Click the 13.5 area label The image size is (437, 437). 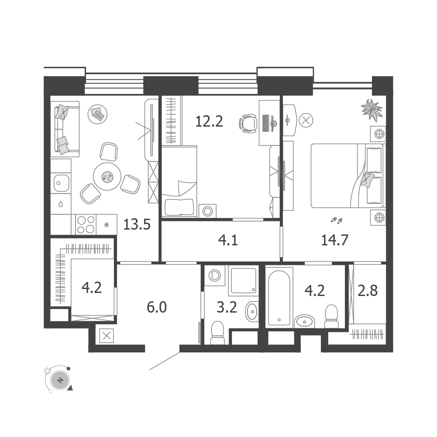pos(137,224)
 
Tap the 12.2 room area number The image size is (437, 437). pos(209,121)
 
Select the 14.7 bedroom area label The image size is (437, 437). pos(335,240)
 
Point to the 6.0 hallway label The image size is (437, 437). pos(157,307)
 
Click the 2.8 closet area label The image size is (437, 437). pos(368,291)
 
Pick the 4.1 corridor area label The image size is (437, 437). pos(228,240)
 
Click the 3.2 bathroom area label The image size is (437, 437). pos(227,307)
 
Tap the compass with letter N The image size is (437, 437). pos(60,379)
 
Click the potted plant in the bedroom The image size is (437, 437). pos(372,110)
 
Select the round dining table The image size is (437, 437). pos(107,176)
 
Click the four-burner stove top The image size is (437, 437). pos(86,225)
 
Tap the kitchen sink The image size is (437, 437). pos(61,183)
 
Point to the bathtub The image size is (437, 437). pos(279,297)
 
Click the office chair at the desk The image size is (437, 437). pos(248,124)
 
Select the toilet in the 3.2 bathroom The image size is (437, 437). pos(217,333)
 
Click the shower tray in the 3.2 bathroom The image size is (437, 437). pos(243,280)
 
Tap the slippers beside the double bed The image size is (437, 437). pos(337,221)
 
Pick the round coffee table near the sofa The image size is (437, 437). pos(97,114)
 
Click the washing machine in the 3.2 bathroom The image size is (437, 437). pos(215,275)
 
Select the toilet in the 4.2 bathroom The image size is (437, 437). pos(331,317)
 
